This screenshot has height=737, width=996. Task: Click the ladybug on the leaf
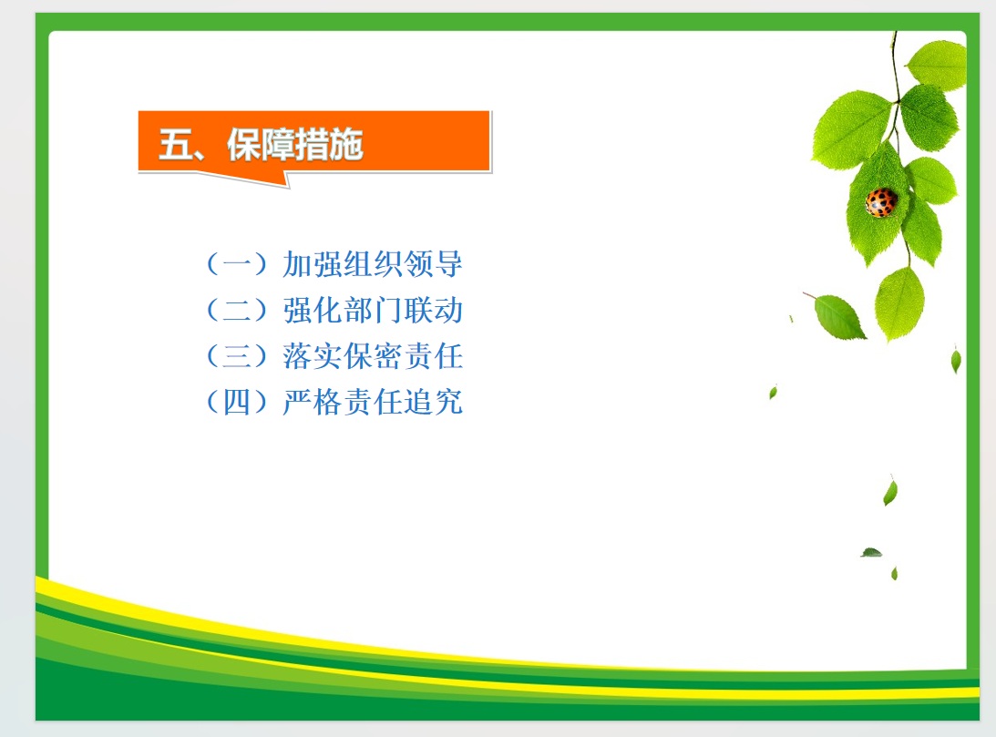(x=881, y=202)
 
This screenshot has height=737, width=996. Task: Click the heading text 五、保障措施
(x=261, y=145)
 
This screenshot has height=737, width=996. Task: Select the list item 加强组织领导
(x=373, y=263)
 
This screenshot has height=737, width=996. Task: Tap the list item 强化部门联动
(x=373, y=310)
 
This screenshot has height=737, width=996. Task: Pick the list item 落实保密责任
(x=373, y=355)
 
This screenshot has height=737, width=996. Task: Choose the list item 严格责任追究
(x=373, y=402)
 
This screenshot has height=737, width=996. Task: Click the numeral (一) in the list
(x=237, y=263)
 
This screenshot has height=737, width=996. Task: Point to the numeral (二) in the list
(x=237, y=310)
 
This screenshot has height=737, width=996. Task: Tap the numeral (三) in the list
(x=237, y=355)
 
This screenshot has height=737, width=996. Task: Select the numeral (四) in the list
(x=237, y=402)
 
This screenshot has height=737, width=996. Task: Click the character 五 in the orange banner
(x=175, y=145)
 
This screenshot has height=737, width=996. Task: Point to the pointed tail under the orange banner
(x=287, y=187)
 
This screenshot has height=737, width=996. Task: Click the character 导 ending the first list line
(x=448, y=263)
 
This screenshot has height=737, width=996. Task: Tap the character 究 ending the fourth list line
(x=448, y=402)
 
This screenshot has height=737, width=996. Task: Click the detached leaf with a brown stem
(x=836, y=315)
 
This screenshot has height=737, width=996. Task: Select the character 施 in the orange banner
(x=346, y=145)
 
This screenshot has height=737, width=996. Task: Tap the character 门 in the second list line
(x=388, y=310)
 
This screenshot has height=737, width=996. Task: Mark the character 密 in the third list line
(x=388, y=355)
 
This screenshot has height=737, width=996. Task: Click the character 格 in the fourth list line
(x=328, y=402)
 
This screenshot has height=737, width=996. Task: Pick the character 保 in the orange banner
(x=244, y=145)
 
